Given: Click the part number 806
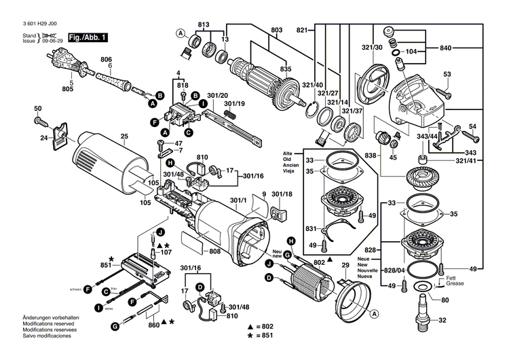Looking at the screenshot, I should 107,59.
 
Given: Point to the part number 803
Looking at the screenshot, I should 276,29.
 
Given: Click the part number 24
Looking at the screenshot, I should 43,138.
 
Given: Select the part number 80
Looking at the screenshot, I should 445,300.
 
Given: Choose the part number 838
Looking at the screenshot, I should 370,155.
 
